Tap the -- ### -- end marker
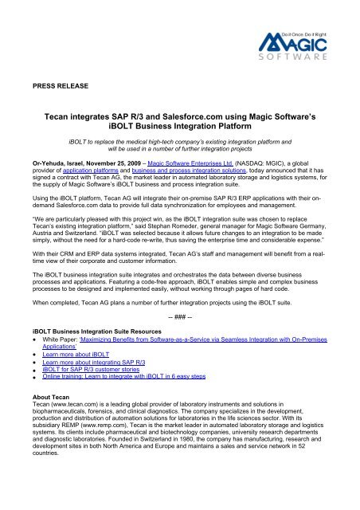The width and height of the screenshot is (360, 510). pyautogui.click(x=180, y=314)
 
